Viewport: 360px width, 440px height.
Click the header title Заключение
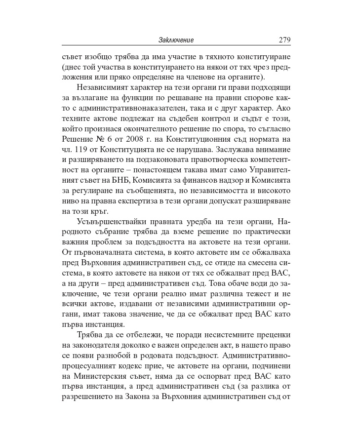176,40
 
